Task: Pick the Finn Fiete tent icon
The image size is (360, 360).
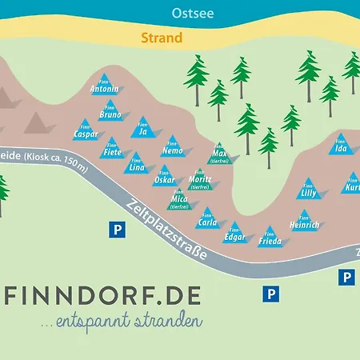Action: tap(112, 150)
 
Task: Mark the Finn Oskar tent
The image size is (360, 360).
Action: tap(164, 175)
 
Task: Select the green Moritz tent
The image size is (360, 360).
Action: tap(200, 178)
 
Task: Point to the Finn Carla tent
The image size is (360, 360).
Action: tap(207, 218)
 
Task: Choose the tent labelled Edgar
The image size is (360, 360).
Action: tap(235, 232)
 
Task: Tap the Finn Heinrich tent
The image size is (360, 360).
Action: tap(305, 220)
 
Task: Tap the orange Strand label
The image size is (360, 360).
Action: tap(162, 38)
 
